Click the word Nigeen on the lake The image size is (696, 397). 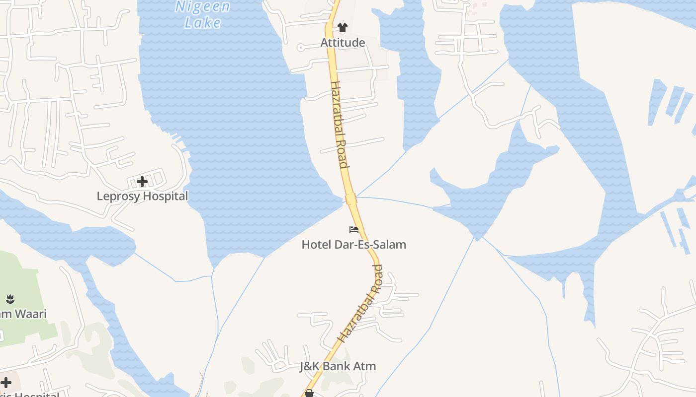(203, 7)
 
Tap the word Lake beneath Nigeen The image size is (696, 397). (203, 22)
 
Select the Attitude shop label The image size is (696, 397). (343, 43)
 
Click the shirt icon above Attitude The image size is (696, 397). (343, 28)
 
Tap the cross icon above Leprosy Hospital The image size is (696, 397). (142, 181)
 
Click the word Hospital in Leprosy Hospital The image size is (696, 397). (166, 197)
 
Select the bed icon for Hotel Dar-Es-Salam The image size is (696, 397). (354, 229)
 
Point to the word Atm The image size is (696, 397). (366, 367)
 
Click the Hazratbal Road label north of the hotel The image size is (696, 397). (339, 124)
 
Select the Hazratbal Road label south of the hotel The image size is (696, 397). (360, 304)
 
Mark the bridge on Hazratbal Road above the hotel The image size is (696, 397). (351, 199)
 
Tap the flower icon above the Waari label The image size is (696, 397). (10, 299)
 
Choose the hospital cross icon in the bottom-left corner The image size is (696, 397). (6, 383)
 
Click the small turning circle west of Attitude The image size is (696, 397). (301, 48)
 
